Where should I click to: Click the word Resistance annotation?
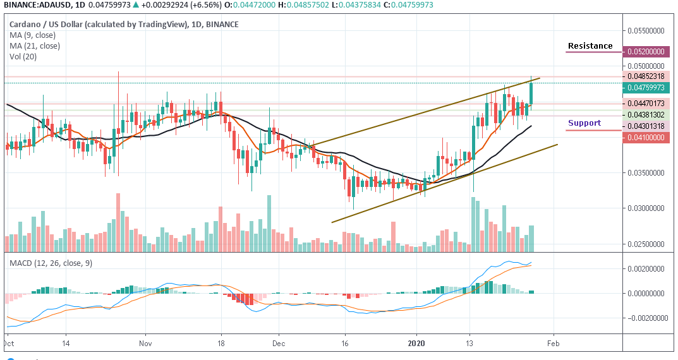[590, 46]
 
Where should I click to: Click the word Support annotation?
[584, 123]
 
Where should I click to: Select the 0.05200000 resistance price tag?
[646, 52]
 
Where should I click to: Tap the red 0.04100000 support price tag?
[646, 137]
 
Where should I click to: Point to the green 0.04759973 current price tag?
[646, 87]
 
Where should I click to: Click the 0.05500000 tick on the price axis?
[647, 30]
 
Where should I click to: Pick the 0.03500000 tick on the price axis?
[647, 172]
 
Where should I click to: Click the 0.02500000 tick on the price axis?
[647, 244]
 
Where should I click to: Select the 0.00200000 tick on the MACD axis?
[647, 269]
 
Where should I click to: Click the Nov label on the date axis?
[145, 344]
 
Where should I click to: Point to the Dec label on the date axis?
[278, 344]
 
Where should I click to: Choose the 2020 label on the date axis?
[416, 344]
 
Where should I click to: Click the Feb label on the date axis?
[554, 344]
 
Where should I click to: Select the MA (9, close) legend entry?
[35, 35]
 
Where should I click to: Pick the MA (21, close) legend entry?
[37, 45]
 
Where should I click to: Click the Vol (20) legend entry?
[24, 56]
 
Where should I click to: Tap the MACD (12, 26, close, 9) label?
[51, 263]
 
